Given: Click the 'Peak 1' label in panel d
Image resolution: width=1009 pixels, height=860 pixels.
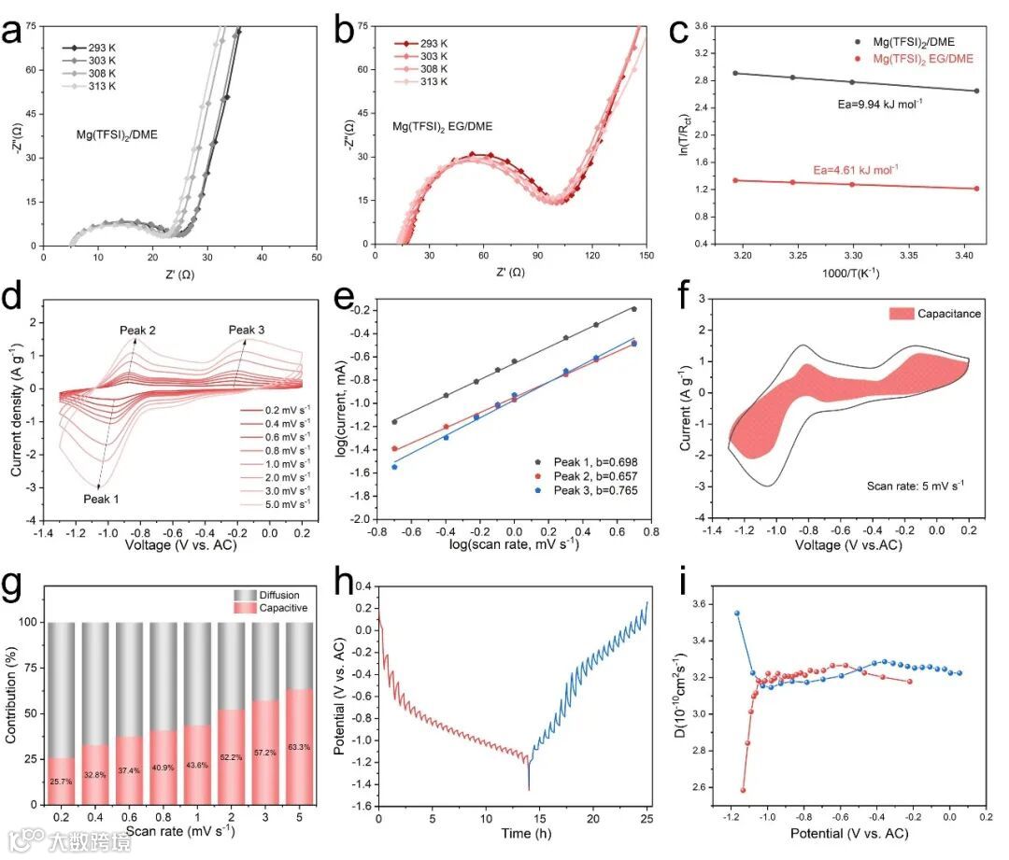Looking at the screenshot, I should (97, 499).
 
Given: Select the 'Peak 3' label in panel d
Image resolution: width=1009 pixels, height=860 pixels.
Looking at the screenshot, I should (247, 330).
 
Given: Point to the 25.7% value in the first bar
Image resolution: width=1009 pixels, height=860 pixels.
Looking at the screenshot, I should (61, 781).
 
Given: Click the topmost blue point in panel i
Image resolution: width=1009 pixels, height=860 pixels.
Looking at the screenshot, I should (737, 613).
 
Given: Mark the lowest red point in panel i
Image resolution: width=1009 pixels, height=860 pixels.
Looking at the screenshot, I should (744, 790).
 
